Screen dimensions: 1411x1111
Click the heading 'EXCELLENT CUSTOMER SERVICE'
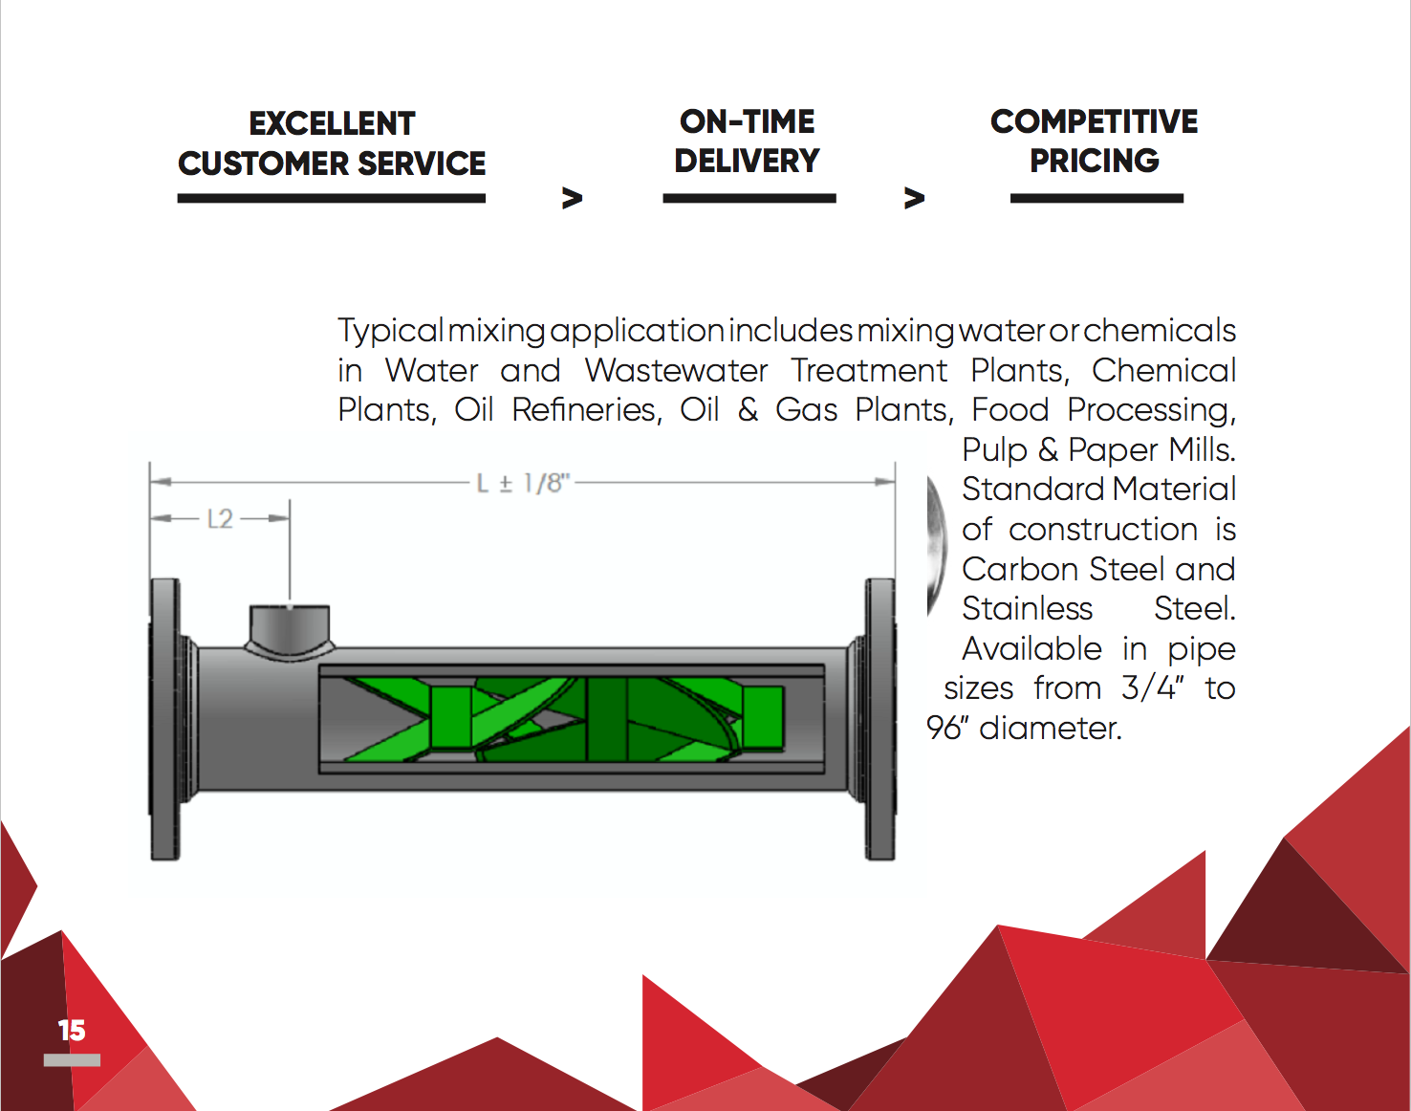[x=332, y=143]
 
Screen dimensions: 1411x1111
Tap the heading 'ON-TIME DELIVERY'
[x=748, y=141]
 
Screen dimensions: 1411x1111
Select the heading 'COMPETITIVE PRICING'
[x=1095, y=141]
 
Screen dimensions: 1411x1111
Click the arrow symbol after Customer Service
[x=573, y=198]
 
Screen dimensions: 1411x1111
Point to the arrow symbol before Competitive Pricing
[x=915, y=198]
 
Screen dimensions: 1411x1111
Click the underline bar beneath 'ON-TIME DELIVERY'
[x=749, y=198]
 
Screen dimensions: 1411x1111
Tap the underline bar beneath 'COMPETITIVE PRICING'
[x=1096, y=198]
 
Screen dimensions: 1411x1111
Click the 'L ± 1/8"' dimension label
[x=523, y=484]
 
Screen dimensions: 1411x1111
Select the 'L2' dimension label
[x=220, y=519]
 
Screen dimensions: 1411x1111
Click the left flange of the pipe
[x=165, y=719]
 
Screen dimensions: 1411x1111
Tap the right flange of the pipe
[x=879, y=719]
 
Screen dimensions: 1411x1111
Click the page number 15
[x=72, y=1031]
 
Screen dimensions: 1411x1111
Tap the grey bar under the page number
[x=72, y=1059]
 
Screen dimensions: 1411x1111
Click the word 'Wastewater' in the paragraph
[x=676, y=371]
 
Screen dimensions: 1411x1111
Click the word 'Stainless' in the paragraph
[x=1028, y=609]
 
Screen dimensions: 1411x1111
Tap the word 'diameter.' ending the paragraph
[x=1051, y=728]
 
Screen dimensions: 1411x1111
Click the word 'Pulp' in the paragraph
[x=994, y=450]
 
